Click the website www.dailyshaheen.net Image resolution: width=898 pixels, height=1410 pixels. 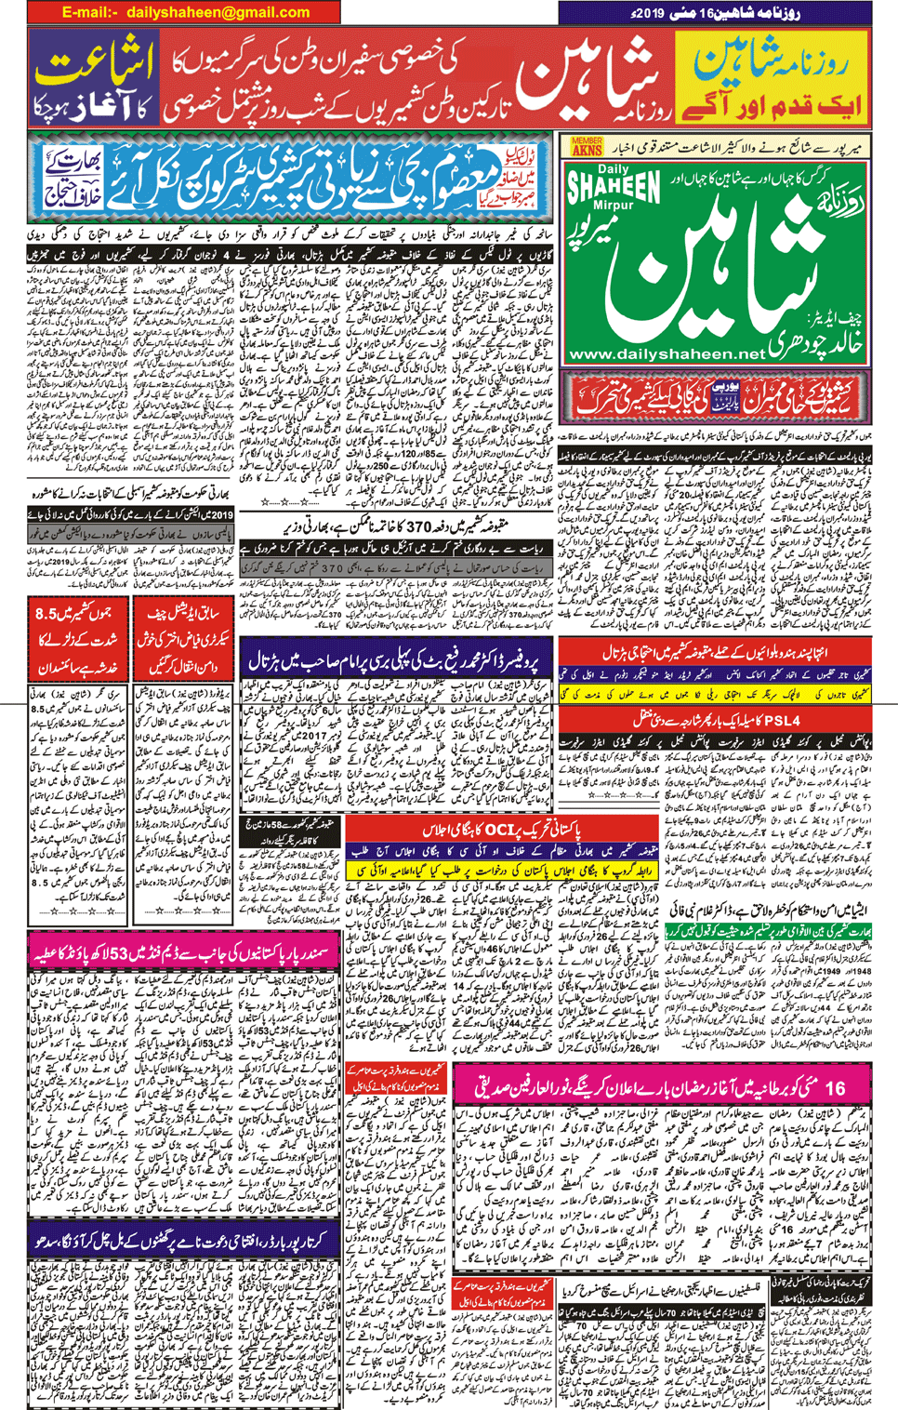[x=666, y=354]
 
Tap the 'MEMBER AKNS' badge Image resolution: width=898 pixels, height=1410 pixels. [x=587, y=147]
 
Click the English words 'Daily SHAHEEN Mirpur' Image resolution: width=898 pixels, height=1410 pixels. [x=613, y=191]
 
